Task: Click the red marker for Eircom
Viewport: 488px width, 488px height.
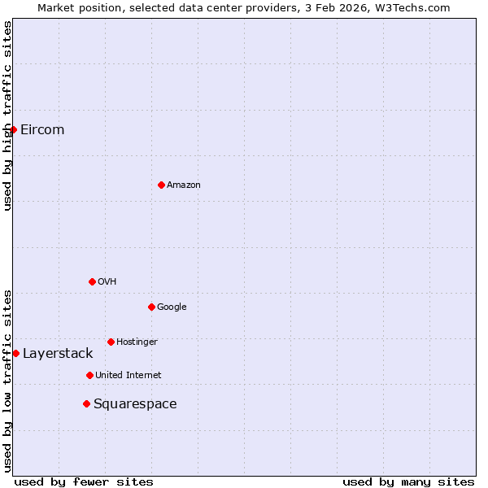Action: point(13,129)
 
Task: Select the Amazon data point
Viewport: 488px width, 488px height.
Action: point(161,185)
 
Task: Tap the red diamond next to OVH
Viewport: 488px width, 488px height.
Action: point(92,281)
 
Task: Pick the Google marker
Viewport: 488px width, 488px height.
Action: point(151,307)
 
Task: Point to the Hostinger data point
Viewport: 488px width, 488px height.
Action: point(111,342)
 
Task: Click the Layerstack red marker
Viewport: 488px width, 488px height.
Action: point(15,353)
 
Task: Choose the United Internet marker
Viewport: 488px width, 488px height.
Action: point(89,375)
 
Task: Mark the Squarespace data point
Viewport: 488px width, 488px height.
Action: point(86,403)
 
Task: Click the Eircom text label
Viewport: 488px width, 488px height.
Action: point(42,129)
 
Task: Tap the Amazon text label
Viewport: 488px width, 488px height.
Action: point(184,185)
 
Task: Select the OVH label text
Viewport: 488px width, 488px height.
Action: point(107,281)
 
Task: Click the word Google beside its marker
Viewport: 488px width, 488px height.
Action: point(172,307)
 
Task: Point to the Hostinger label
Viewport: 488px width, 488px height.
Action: point(137,342)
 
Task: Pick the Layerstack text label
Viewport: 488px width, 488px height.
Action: point(58,353)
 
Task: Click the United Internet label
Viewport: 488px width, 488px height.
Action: point(129,375)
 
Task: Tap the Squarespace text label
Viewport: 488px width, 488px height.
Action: point(135,403)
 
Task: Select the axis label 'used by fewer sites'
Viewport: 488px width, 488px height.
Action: point(84,481)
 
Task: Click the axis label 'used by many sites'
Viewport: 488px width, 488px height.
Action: point(408,481)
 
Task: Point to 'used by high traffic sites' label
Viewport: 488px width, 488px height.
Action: point(7,115)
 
